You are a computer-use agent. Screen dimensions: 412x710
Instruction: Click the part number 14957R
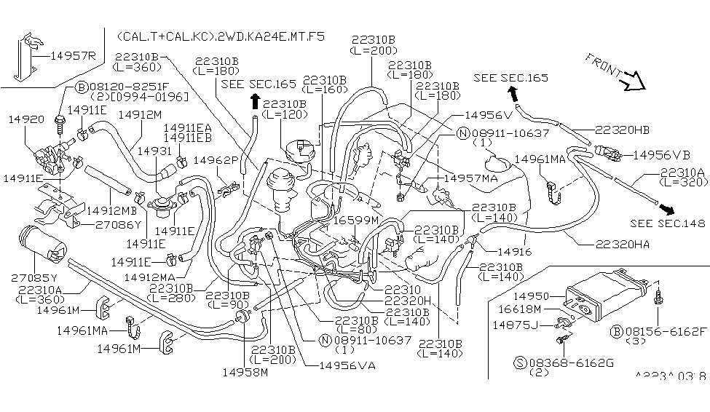click(x=73, y=55)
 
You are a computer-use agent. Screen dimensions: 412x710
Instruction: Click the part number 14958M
click(x=245, y=372)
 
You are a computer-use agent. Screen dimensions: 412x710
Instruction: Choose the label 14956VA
click(x=347, y=365)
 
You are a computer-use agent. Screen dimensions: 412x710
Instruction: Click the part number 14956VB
click(x=661, y=154)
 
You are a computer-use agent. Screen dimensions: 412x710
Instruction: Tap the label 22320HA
click(x=621, y=245)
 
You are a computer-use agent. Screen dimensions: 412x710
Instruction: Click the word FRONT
click(x=604, y=66)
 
